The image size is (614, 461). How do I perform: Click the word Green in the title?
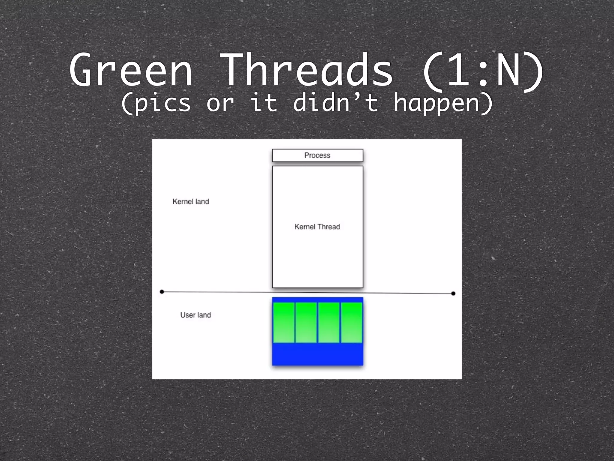tap(131, 71)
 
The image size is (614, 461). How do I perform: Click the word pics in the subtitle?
tap(156, 103)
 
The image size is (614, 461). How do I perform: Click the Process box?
tap(317, 155)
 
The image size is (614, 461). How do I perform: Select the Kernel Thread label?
tap(317, 227)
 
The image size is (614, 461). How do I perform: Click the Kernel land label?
tap(191, 202)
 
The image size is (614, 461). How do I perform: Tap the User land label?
tap(195, 315)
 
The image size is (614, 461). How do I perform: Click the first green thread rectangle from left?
tap(284, 323)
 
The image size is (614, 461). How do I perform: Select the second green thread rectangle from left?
tap(306, 323)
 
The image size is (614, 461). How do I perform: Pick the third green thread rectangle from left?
tap(329, 323)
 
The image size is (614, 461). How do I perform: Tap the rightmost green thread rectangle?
tap(352, 323)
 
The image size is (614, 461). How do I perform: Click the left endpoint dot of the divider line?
tap(162, 292)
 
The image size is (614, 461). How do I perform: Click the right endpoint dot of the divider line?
tap(453, 294)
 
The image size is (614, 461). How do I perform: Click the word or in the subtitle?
tap(220, 103)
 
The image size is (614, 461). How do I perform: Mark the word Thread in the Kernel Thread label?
tap(329, 227)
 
